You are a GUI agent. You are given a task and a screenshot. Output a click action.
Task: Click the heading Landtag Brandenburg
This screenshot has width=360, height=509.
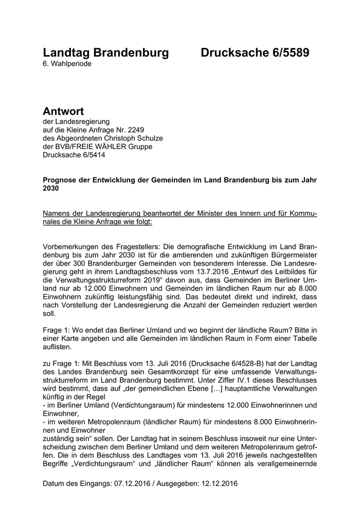pyautogui.click(x=105, y=53)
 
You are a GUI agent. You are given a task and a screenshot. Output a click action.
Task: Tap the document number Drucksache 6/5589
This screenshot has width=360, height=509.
pyautogui.click(x=255, y=53)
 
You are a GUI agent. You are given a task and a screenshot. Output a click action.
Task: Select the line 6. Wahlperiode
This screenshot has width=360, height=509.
pyautogui.click(x=68, y=64)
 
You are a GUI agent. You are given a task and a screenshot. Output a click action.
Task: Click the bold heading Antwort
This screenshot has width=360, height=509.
pyautogui.click(x=63, y=111)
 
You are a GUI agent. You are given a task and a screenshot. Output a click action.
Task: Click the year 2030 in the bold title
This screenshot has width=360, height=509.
pyautogui.click(x=51, y=189)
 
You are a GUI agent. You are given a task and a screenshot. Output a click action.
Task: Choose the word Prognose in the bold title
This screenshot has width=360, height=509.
pyautogui.click(x=61, y=180)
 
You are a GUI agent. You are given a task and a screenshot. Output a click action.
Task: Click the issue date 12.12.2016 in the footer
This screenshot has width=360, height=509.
pyautogui.click(x=219, y=484)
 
